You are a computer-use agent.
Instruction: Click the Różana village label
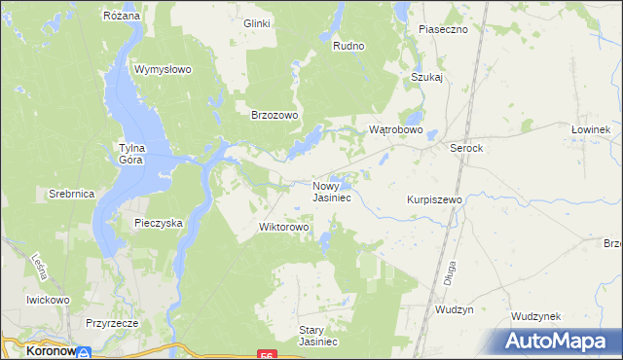coord(123,17)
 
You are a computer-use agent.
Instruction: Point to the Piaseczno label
coord(444,29)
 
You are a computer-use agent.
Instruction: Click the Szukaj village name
coord(427,77)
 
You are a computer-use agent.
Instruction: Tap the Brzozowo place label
coord(275,114)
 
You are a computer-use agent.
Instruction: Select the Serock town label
coord(466,147)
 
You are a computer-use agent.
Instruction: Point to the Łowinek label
coord(591,129)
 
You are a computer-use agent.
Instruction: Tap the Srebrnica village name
coord(71,195)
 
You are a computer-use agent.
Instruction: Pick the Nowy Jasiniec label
coord(332,191)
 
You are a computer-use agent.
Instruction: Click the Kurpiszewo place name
coord(434,198)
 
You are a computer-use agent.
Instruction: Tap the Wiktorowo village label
coord(283,228)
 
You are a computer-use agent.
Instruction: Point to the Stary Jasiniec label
coord(317,336)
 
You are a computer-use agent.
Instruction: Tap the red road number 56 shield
coord(266,355)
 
